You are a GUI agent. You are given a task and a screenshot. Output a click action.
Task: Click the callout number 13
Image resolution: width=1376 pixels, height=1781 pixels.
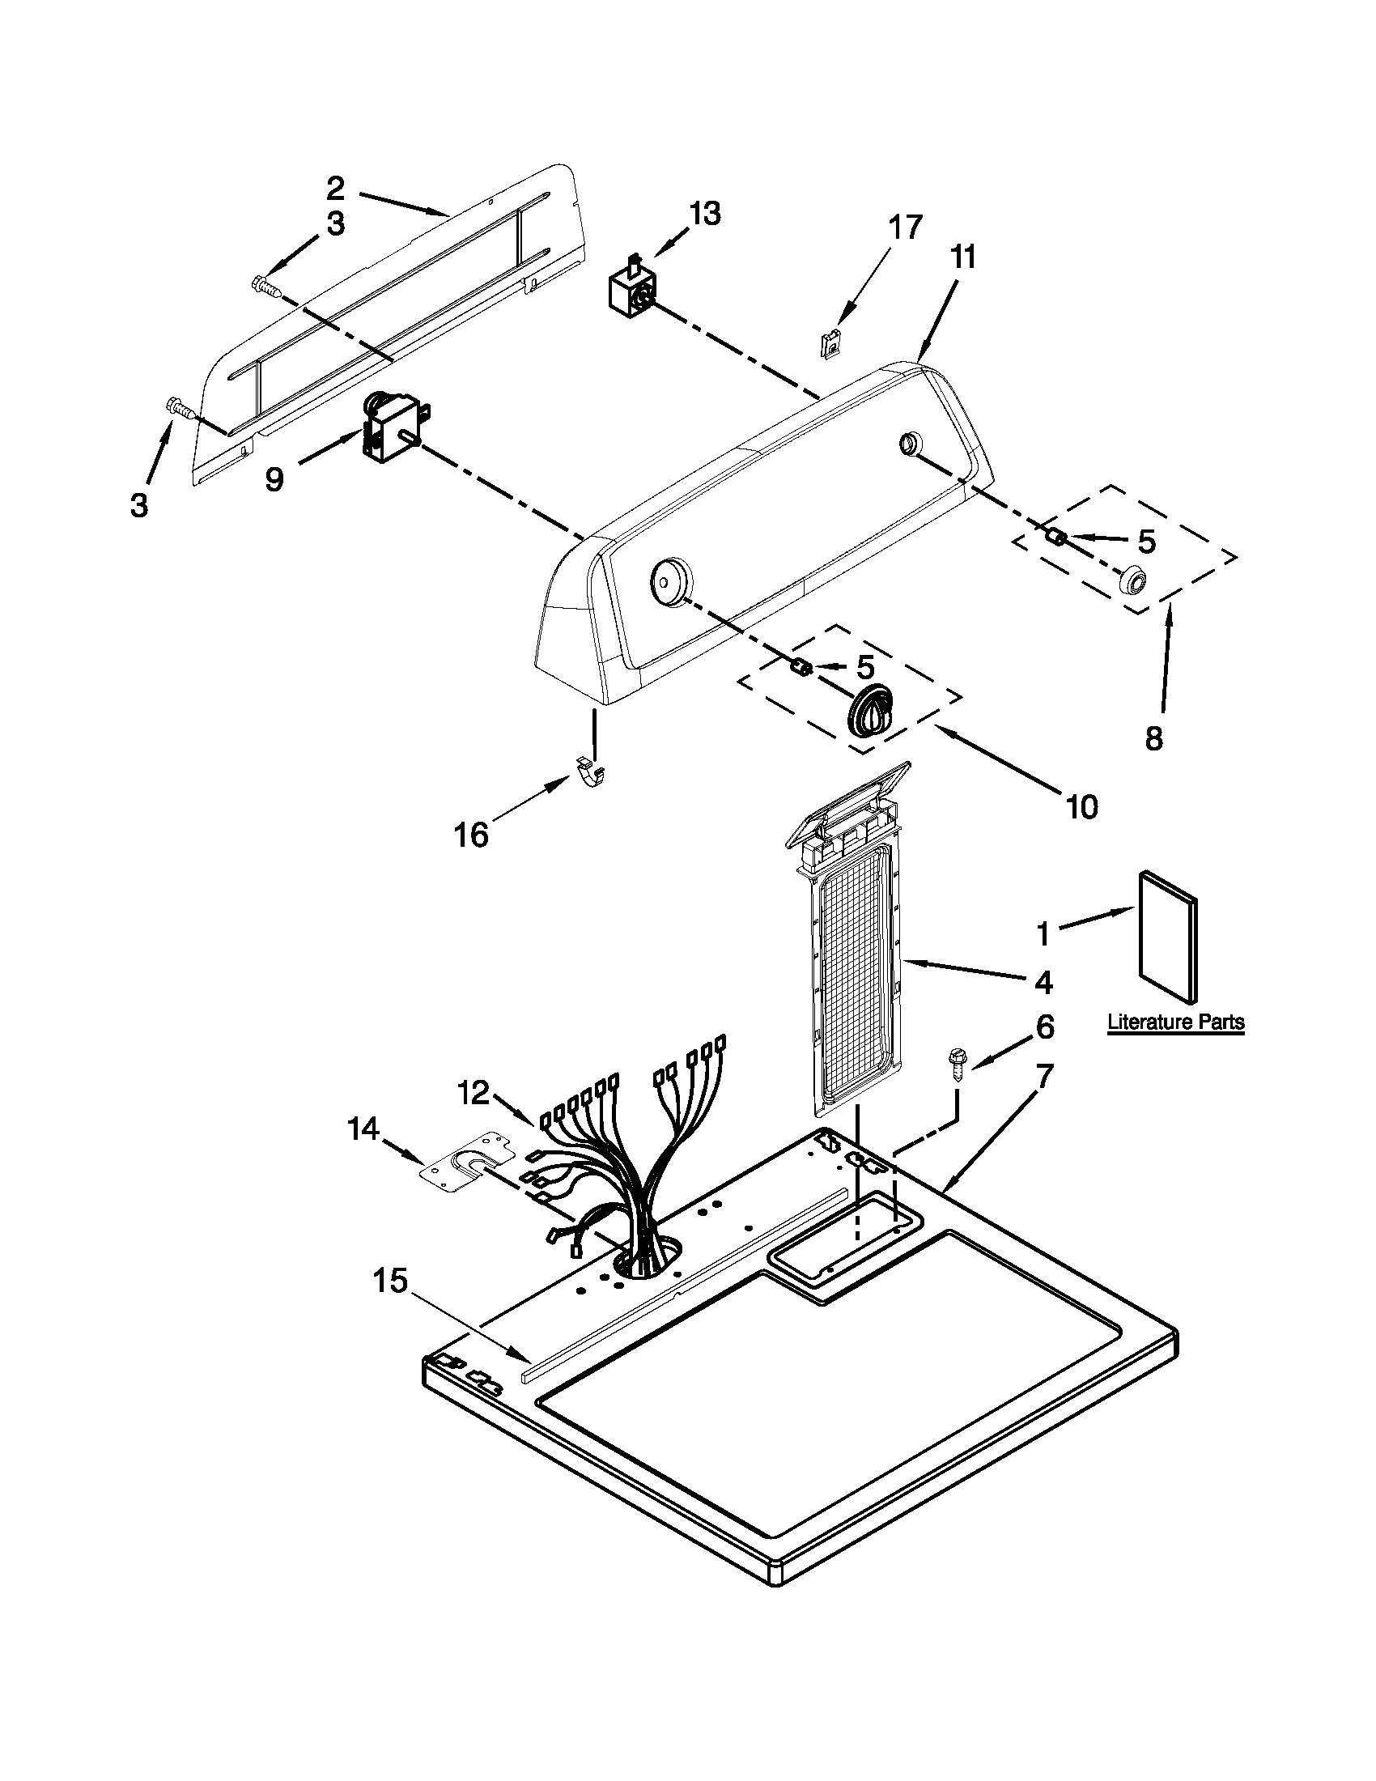pos(705,214)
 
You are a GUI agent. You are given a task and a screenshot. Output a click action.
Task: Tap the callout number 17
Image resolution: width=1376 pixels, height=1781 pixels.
pos(905,227)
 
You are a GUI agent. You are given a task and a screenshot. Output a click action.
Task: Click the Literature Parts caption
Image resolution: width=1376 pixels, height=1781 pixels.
pos(1175,1022)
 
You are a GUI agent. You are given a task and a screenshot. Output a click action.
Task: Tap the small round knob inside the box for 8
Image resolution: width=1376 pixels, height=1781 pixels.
pos(1132,580)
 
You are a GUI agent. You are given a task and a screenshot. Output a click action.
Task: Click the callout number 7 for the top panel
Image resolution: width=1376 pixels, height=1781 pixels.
pos(1046,1077)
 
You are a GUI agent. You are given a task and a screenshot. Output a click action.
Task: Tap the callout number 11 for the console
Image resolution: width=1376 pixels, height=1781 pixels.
pos(962,257)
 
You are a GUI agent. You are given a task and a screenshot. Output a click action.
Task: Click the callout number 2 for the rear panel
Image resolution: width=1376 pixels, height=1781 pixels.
pos(335,189)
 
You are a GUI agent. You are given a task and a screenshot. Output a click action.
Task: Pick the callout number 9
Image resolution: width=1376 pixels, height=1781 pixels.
pos(274,479)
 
